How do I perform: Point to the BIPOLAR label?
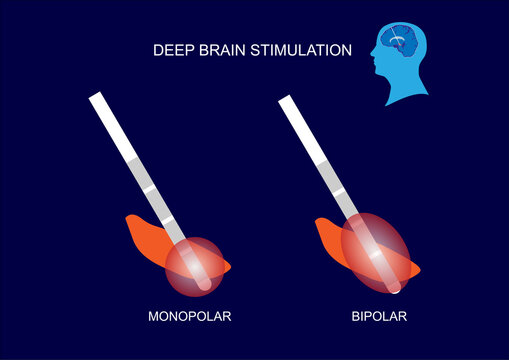click(x=379, y=317)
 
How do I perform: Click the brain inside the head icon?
click(x=401, y=43)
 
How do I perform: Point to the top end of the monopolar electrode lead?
click(x=97, y=97)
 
